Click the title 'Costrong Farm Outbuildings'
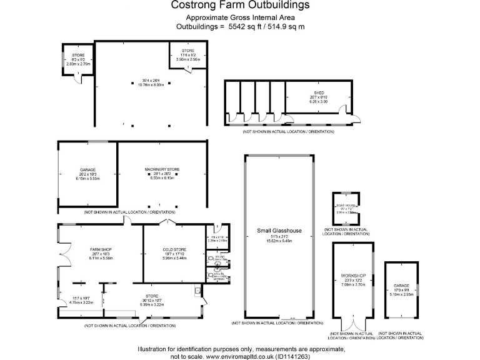(x=240, y=6)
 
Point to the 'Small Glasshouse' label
(x=279, y=231)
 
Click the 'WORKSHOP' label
(x=354, y=276)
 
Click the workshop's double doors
(x=354, y=325)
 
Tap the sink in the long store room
(x=197, y=290)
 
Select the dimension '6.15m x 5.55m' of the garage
(x=87, y=179)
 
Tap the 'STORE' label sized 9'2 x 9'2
(x=78, y=56)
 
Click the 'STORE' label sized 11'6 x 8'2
(x=188, y=51)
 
